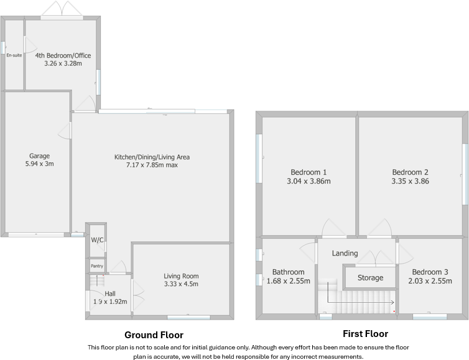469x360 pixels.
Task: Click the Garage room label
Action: coord(39,156)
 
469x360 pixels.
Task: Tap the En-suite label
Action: coord(14,55)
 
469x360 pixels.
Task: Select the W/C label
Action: coord(97,240)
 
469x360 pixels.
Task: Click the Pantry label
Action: coord(97,266)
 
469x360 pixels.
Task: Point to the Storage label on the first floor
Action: coord(370,278)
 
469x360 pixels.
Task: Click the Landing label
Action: coord(345,253)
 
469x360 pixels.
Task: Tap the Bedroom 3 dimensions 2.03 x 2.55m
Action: coord(430,281)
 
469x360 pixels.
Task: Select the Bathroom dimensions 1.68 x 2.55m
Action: coord(289,281)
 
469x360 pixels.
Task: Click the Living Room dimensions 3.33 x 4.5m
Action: coord(181,284)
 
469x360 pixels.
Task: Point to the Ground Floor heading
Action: coord(154,335)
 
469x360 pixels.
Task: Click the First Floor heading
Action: coord(366,334)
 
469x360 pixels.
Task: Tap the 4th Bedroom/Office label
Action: coord(63,55)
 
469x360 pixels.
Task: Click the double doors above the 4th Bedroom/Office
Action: coord(62,9)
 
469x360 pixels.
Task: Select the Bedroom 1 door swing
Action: coord(333,228)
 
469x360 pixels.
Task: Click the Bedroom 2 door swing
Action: coord(380,228)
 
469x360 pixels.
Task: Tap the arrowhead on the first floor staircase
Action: coord(392,303)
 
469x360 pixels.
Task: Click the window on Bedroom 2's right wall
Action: coord(465,174)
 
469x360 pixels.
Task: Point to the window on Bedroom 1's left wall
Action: coord(259,158)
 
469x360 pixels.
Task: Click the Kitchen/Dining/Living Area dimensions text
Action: coord(152,165)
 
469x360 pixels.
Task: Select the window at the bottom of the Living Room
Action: coord(188,317)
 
